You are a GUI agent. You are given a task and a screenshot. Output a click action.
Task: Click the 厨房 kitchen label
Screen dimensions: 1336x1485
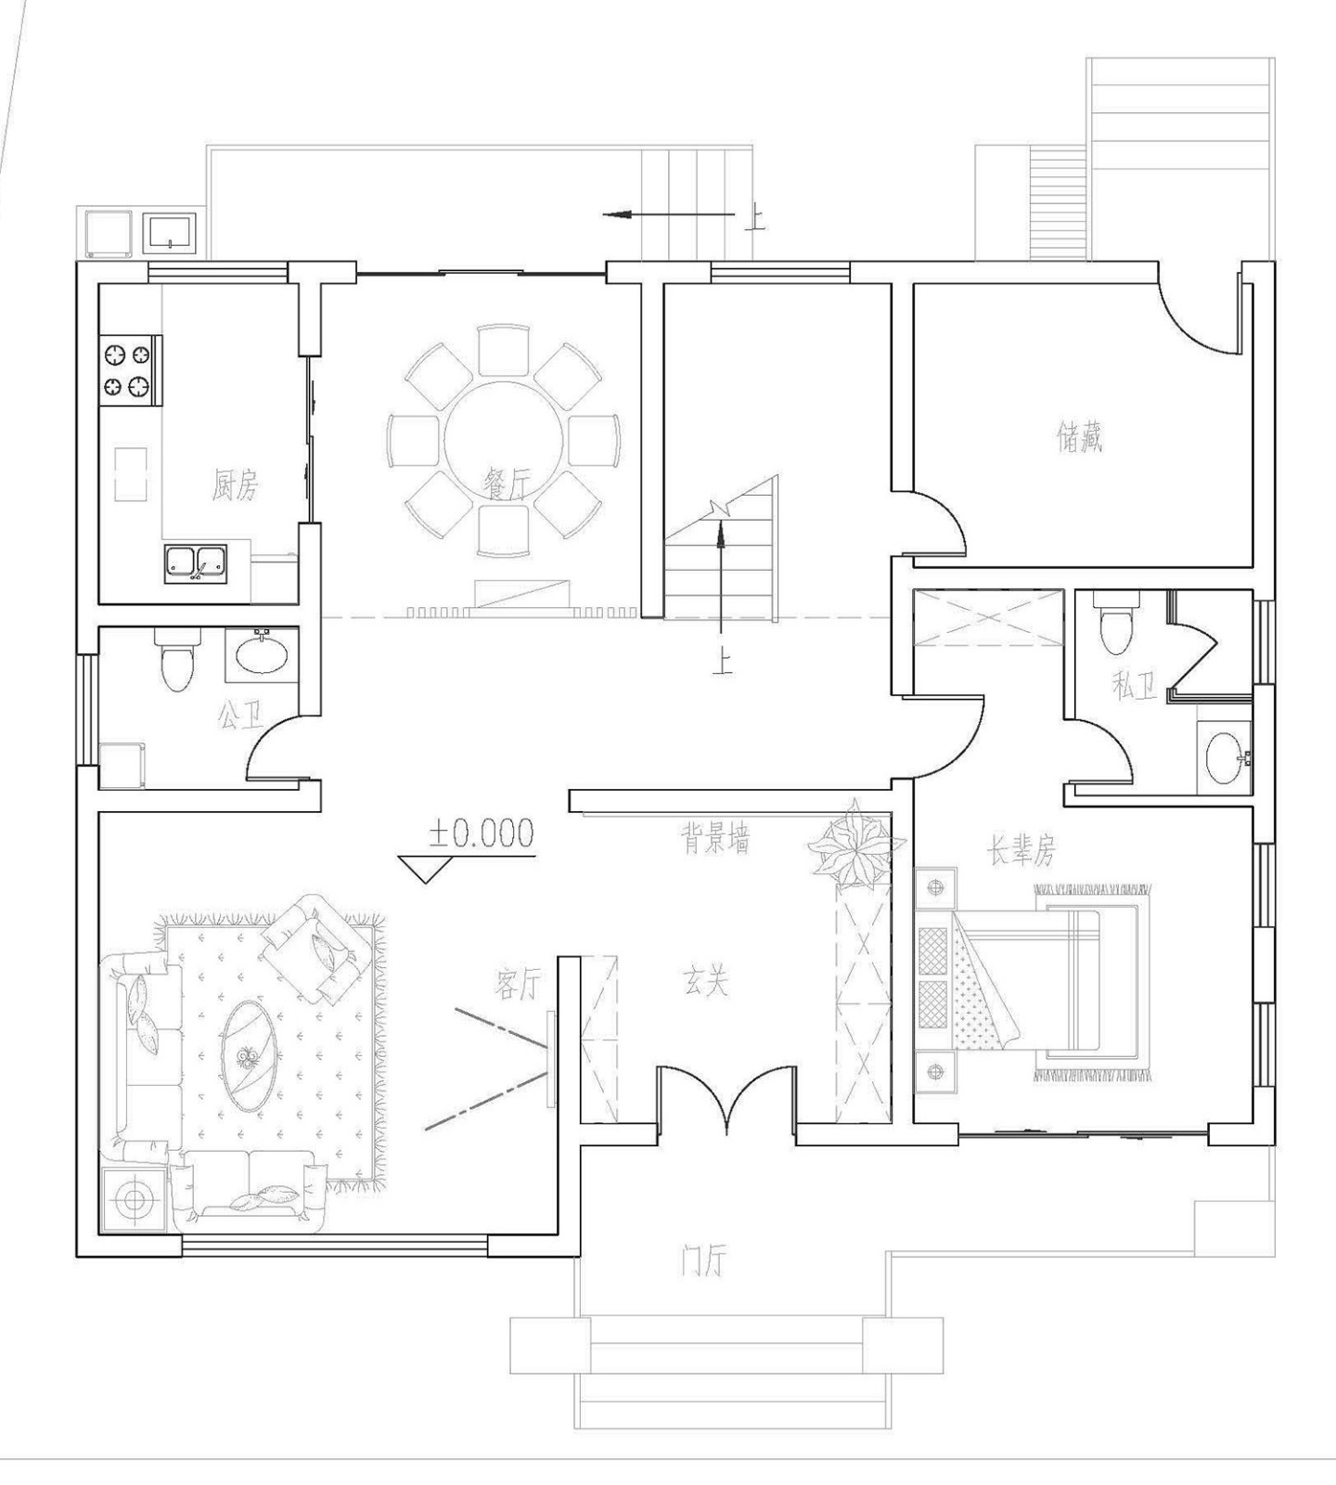point(235,485)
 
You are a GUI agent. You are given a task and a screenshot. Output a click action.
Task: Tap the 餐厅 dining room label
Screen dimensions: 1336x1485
point(506,482)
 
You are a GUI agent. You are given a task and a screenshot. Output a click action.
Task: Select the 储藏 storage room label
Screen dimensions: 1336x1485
point(1080,437)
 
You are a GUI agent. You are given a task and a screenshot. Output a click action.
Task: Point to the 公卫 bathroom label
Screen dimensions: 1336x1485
point(240,714)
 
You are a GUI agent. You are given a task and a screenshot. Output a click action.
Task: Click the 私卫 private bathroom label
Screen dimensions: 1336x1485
point(1134,687)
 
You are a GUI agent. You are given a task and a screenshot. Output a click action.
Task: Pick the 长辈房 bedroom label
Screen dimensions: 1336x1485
point(1021,849)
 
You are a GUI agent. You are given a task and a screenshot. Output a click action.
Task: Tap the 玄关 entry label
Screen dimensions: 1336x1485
point(706,983)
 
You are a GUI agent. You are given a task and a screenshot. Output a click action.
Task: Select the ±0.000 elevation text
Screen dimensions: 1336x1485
point(481,833)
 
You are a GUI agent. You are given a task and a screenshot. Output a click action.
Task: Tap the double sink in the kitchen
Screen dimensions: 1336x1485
point(197,564)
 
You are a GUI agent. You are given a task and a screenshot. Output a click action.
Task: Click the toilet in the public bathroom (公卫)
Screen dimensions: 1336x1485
point(176,659)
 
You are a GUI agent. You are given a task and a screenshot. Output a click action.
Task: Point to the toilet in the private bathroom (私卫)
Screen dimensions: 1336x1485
point(1114,622)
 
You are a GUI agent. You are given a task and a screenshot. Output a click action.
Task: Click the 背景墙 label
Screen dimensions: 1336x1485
point(716,841)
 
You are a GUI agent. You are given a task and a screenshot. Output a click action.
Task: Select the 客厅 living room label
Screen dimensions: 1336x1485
point(516,984)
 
